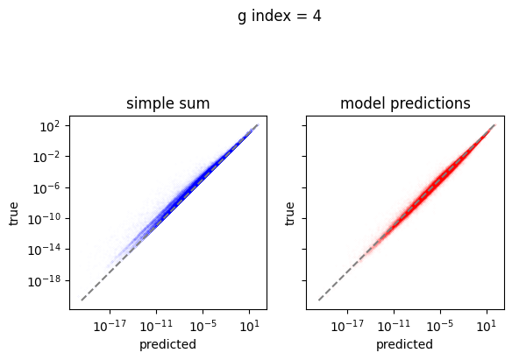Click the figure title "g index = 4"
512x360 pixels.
280,17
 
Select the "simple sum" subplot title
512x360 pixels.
168,103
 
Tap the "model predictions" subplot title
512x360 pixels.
405,103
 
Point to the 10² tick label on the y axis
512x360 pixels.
50,126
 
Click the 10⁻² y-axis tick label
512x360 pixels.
46,157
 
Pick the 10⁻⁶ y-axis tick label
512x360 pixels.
46,188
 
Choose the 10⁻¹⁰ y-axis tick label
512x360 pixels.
44,219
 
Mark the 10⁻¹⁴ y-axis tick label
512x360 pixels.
44,251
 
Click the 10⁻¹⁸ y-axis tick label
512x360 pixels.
44,281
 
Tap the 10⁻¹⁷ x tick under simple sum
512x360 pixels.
110,326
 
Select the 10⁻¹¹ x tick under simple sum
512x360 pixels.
156,326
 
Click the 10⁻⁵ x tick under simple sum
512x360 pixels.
203,326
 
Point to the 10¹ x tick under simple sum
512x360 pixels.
250,326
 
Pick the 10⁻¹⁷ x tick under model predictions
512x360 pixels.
347,326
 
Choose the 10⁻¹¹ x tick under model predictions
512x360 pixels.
394,326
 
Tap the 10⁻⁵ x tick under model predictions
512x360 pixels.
440,326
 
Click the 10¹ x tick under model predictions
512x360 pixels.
487,326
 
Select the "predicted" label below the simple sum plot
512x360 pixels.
167,345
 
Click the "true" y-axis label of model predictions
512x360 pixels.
289,214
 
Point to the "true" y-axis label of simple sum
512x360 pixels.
13,214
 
